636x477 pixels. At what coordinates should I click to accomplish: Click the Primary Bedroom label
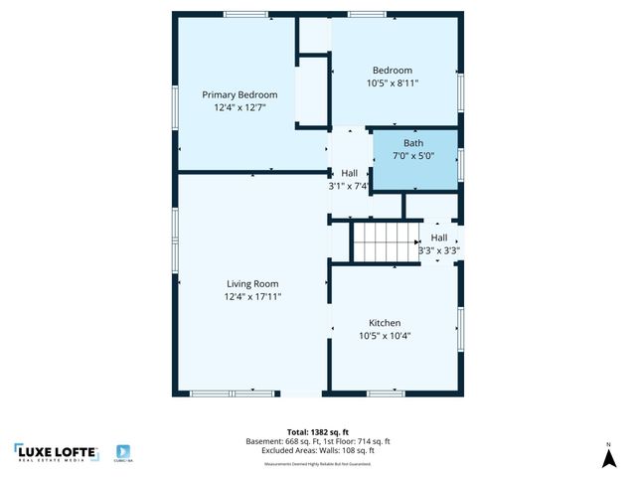(239, 94)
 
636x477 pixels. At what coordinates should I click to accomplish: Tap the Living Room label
(252, 283)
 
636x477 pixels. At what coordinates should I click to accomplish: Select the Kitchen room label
(385, 323)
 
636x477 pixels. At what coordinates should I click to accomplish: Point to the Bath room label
(413, 143)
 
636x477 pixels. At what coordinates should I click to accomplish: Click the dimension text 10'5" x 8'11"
(395, 83)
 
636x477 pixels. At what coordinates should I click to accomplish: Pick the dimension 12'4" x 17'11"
(252, 296)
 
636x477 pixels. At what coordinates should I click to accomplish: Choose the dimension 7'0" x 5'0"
(413, 156)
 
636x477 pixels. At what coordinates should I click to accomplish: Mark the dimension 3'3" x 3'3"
(438, 250)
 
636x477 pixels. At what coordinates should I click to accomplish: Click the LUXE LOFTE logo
(56, 452)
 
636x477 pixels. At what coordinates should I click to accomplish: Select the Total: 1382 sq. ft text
(318, 432)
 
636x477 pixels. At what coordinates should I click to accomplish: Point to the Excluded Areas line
(318, 450)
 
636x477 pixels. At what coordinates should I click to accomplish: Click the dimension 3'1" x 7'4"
(349, 186)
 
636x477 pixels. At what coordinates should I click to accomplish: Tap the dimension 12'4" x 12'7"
(239, 107)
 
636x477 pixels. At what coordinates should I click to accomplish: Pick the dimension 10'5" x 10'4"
(385, 336)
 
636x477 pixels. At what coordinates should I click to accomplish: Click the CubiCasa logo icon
(124, 452)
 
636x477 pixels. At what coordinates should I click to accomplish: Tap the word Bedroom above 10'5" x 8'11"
(395, 71)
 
